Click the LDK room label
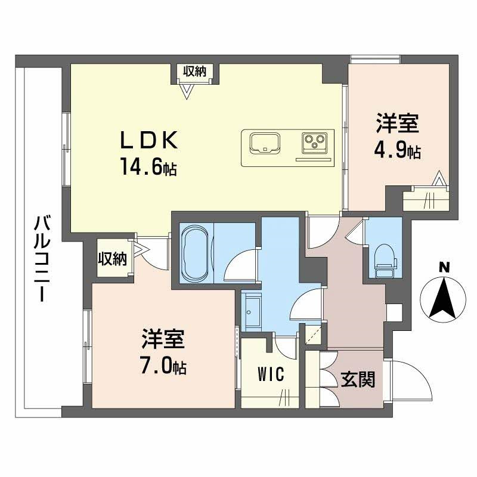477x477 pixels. [x=149, y=141]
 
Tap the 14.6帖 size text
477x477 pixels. [x=149, y=168]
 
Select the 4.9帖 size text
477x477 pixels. [x=398, y=151]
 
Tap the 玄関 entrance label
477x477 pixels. [x=358, y=379]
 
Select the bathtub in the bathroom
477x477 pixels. [x=193, y=253]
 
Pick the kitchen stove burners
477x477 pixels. [x=314, y=142]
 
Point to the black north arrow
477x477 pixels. [x=442, y=298]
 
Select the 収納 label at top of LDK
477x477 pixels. [x=194, y=72]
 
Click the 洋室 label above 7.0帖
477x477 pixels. [x=163, y=340]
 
